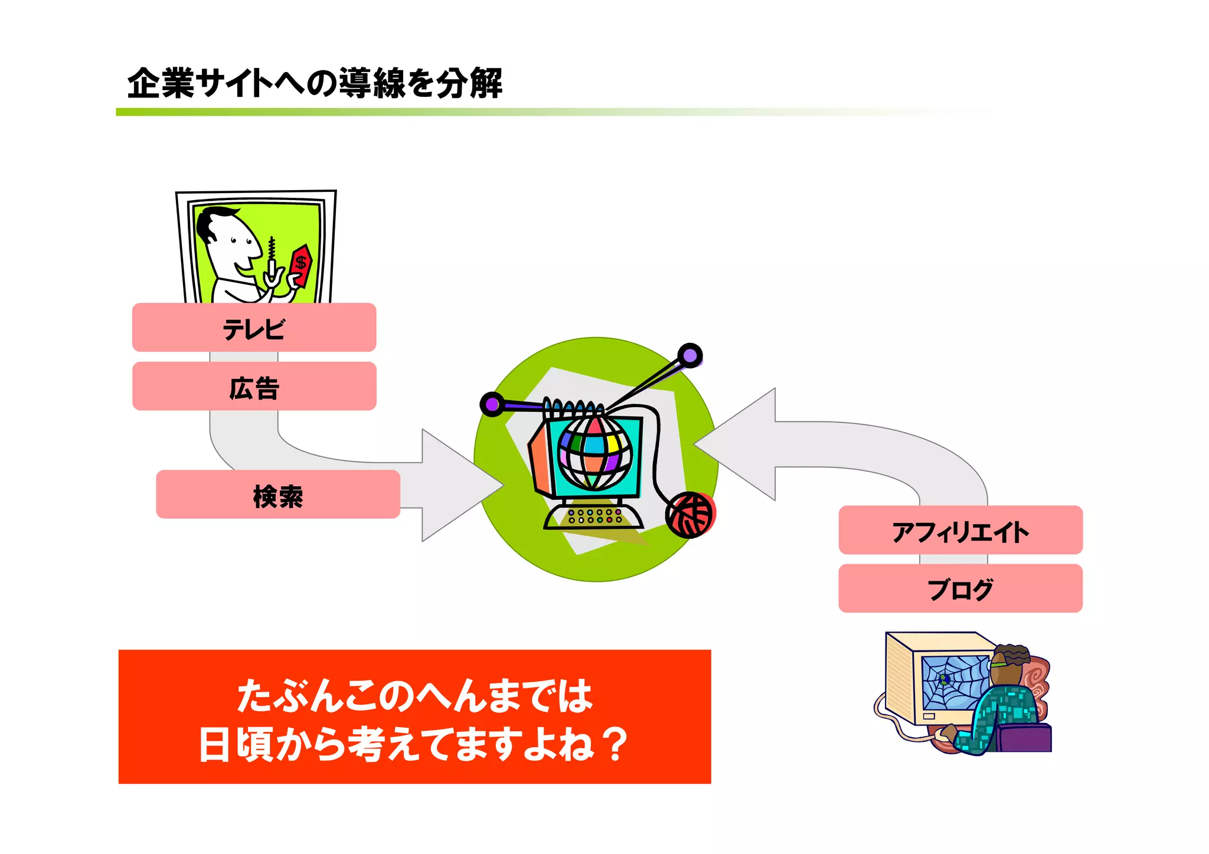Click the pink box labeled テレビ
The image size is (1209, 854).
tap(254, 328)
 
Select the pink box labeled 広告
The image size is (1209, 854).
tap(254, 387)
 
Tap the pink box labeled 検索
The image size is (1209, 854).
tap(277, 495)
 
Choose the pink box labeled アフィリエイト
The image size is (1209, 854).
tap(960, 530)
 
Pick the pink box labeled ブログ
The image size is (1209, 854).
tap(960, 588)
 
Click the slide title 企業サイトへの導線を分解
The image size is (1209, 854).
tap(315, 83)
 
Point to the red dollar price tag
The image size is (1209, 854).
tap(301, 264)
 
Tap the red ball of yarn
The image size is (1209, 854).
tap(690, 515)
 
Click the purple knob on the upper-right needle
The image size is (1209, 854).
tap(690, 355)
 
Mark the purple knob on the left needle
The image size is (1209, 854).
tap(491, 404)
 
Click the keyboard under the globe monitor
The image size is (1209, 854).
tap(593, 517)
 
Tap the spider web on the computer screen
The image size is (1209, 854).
tap(953, 682)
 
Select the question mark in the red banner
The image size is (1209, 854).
tap(616, 745)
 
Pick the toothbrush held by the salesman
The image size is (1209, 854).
tap(272, 260)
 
